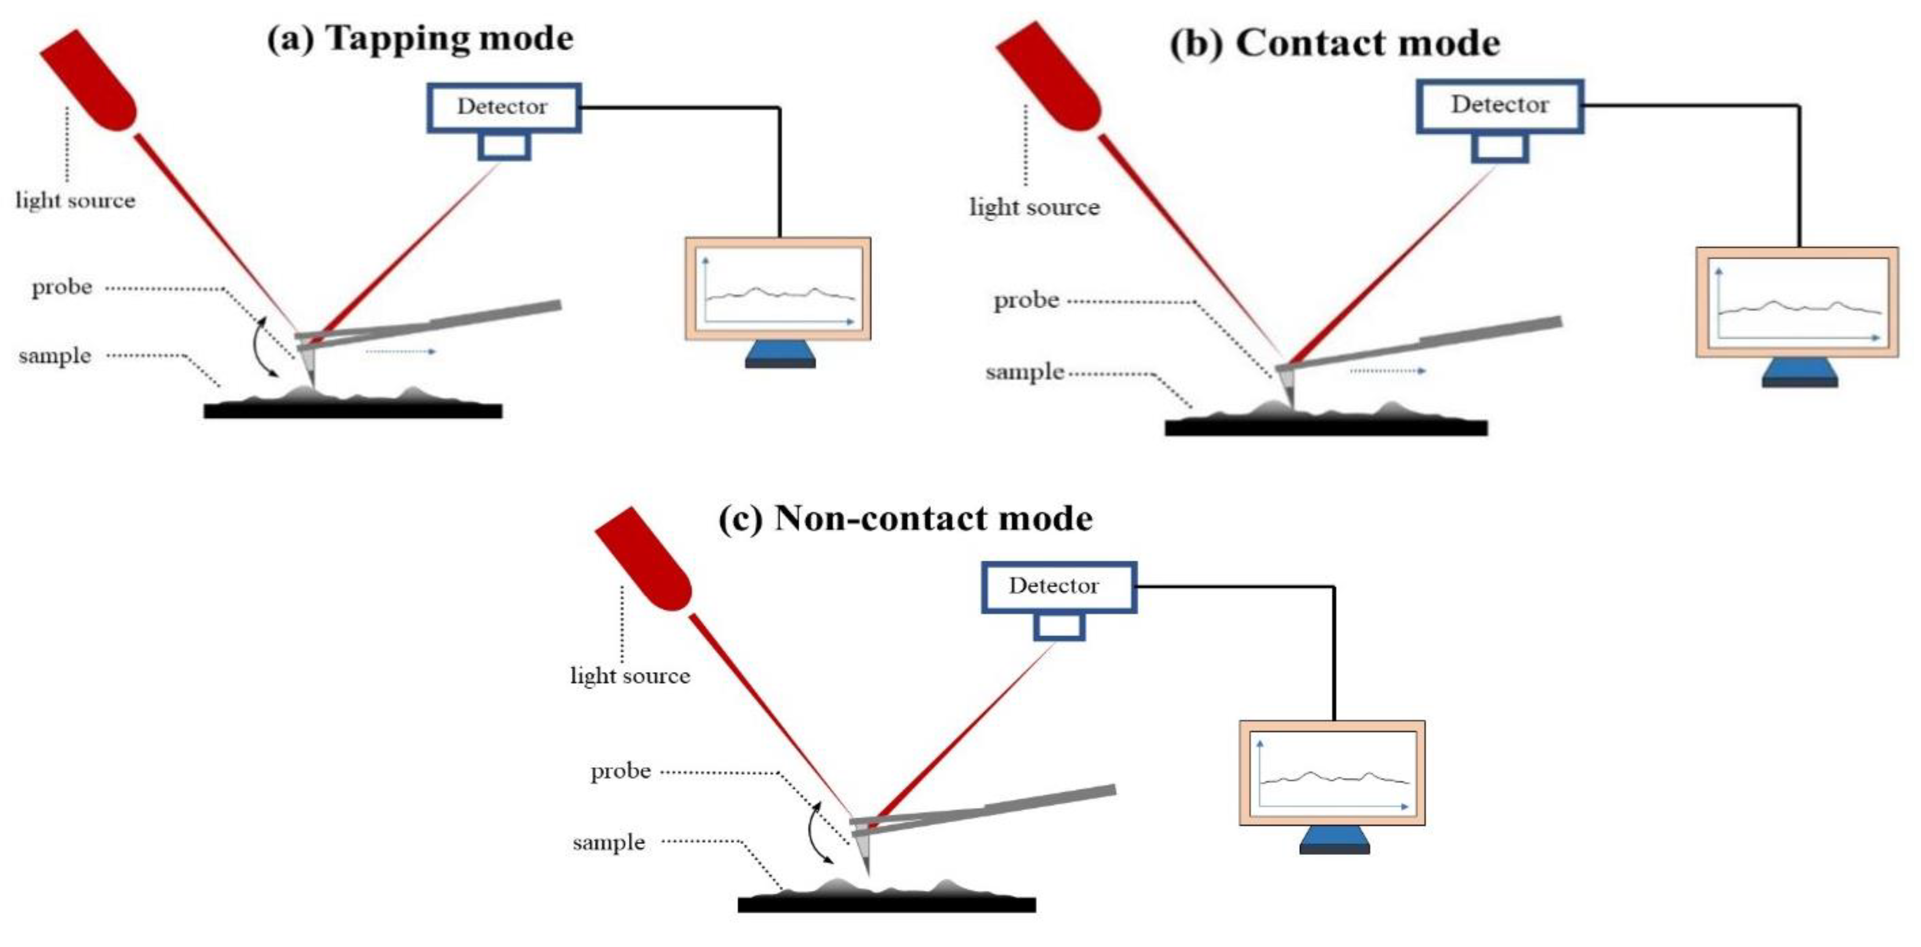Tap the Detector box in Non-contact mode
[x=1058, y=586]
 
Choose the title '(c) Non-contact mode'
[x=905, y=518]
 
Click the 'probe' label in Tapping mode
[x=62, y=287]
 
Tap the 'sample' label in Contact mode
[x=1024, y=372]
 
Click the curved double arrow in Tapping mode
[x=263, y=348]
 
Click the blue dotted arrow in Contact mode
[x=1387, y=371]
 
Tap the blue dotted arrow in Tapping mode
[x=400, y=351]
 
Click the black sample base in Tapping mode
[x=353, y=411]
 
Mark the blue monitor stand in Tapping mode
[x=780, y=354]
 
